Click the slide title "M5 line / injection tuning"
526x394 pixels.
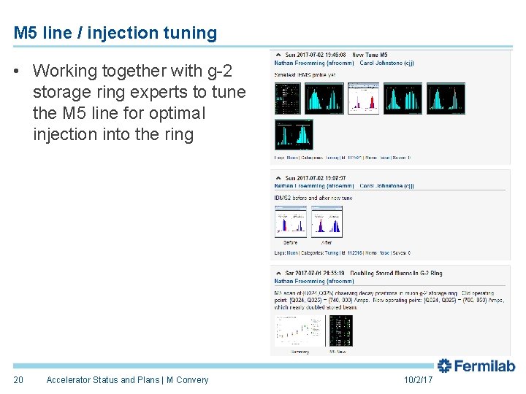[x=115, y=33]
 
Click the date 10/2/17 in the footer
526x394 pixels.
[x=418, y=380]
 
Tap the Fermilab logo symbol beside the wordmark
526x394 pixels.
[x=445, y=366]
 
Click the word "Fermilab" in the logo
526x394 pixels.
[x=486, y=366]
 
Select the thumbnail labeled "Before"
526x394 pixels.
[x=290, y=220]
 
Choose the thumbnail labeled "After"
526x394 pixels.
[x=327, y=220]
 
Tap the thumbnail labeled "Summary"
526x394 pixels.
[x=298, y=331]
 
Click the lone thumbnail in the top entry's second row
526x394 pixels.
[x=294, y=134]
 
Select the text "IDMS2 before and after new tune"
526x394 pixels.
[x=313, y=198]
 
